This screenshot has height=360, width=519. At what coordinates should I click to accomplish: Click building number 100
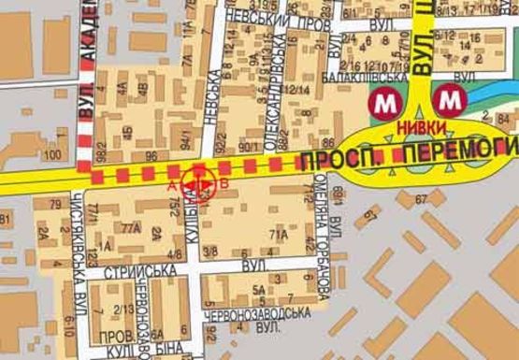tap(52, 153)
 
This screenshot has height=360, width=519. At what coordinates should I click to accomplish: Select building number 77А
tap(131, 227)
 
